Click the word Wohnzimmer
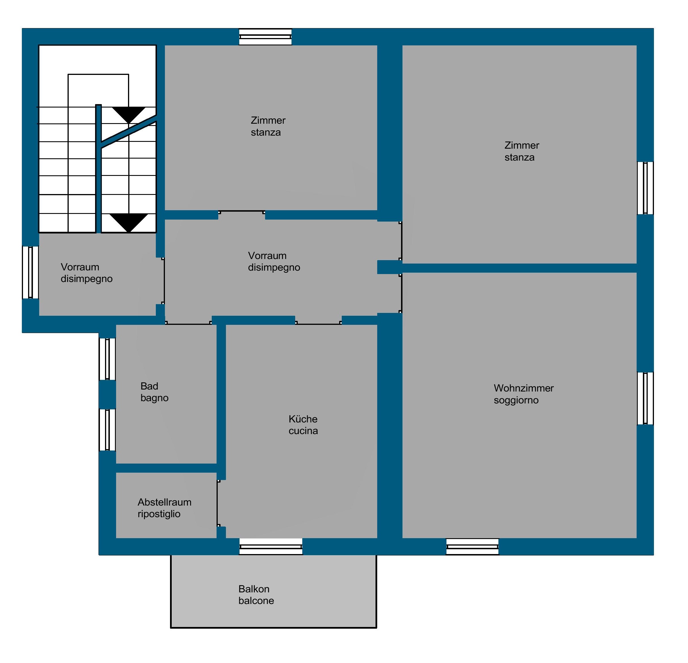523,388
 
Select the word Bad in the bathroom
149,386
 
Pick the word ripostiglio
159,514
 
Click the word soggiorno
516,400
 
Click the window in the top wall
265,37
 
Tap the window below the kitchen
271,546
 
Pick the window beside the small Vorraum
31,272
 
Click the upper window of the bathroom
107,359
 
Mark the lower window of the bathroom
107,430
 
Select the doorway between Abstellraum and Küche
218,503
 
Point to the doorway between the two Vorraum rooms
163,281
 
